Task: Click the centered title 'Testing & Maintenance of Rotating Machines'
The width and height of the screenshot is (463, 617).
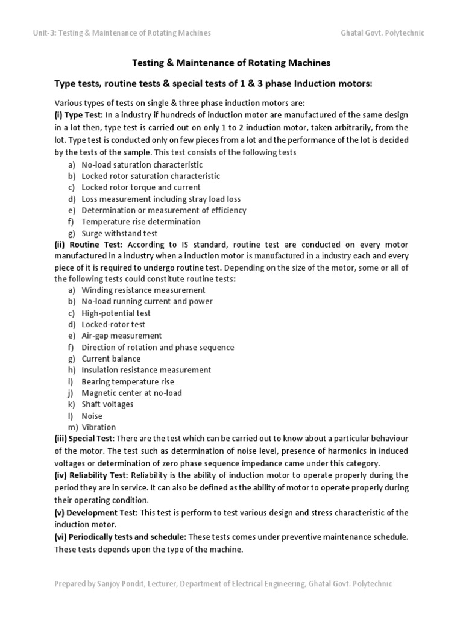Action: [x=231, y=62]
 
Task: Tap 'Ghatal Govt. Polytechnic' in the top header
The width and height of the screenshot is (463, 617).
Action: [x=382, y=33]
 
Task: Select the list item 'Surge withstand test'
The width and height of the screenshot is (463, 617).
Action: [x=119, y=233]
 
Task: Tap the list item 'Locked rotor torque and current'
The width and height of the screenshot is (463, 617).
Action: [x=141, y=187]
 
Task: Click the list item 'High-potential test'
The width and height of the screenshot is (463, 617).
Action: [x=116, y=313]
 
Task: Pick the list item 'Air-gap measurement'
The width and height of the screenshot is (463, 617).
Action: [x=122, y=336]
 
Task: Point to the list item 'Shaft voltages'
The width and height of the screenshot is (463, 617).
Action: [x=108, y=404]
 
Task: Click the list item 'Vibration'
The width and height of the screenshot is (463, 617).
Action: [x=99, y=427]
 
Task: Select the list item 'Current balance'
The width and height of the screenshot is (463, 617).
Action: [x=111, y=359]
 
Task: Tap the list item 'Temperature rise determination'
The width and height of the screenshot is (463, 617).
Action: [x=141, y=222]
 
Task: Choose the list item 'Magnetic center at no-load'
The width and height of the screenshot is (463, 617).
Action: [x=131, y=393]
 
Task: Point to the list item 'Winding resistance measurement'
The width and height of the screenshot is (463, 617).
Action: [x=143, y=290]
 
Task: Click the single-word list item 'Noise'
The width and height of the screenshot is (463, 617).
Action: [x=92, y=416]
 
